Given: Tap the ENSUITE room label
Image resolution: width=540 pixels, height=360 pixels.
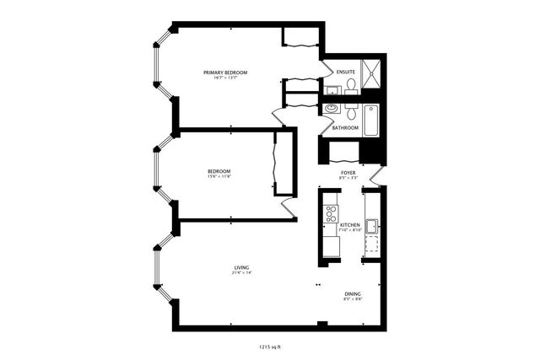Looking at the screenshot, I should point(345,73).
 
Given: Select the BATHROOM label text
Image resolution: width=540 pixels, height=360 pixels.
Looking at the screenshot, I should point(345,128).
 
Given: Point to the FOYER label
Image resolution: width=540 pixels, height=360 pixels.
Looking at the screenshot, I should point(348,172).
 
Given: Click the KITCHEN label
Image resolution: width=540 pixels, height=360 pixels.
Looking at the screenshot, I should point(350,225).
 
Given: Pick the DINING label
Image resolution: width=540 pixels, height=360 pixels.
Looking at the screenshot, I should point(352,293).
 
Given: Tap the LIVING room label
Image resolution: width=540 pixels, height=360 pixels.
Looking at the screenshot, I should point(242,267).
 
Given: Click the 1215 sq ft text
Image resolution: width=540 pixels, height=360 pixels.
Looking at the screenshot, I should point(269,346).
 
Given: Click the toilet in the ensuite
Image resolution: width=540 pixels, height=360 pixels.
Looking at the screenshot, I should point(349,84).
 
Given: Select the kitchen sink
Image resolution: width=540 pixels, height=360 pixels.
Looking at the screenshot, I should point(371,226).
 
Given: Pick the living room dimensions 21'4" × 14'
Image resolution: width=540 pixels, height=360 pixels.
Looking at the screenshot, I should point(242,273).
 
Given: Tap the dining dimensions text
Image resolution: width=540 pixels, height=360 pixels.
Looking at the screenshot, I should point(352,299).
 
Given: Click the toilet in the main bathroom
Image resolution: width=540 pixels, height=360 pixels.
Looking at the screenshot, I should point(349,110).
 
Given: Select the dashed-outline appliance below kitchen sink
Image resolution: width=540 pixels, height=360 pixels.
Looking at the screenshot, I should point(371,247).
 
